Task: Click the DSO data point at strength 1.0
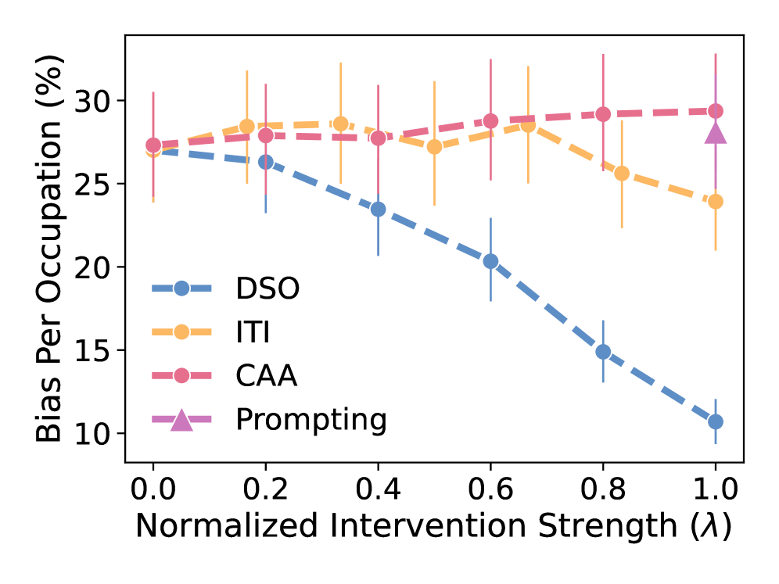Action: [x=715, y=421]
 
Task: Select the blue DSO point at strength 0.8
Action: [x=603, y=352]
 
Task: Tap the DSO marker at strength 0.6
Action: [x=490, y=261]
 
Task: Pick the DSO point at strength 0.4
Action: [x=378, y=209]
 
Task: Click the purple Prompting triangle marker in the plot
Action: [x=715, y=134]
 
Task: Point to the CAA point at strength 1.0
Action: [x=715, y=111]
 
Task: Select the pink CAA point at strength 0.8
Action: [x=603, y=114]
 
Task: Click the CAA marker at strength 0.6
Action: [x=490, y=121]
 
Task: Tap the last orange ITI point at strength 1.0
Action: [x=715, y=201]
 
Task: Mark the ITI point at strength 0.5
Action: [x=434, y=147]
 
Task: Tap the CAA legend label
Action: [x=266, y=376]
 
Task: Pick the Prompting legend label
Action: [x=311, y=421]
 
